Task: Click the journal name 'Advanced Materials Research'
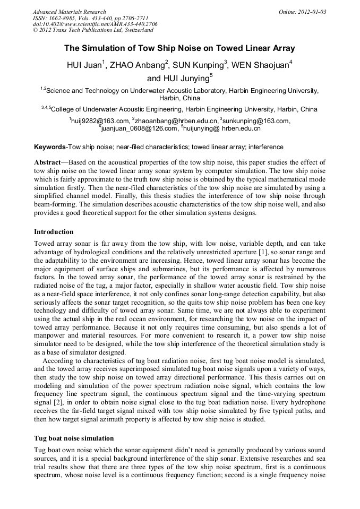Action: point(70,12)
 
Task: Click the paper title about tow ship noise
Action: point(179,48)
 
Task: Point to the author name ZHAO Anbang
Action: point(140,66)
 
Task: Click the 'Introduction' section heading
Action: point(54,232)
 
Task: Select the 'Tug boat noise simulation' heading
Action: point(74,438)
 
